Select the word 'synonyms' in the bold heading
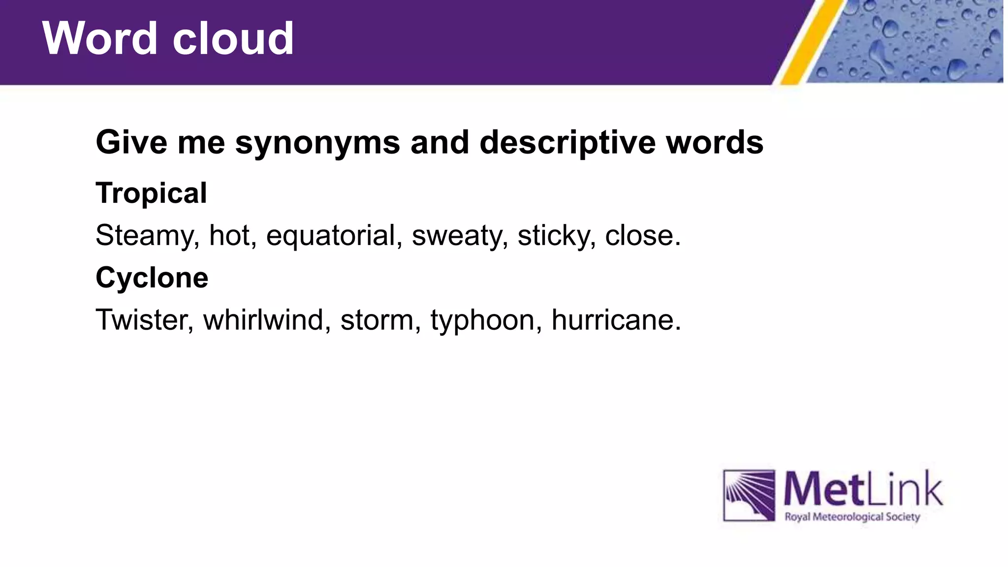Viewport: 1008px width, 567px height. [317, 143]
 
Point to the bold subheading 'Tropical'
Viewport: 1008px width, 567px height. [151, 193]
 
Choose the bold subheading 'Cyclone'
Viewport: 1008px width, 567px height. [152, 278]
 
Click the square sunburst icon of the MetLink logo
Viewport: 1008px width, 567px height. [749, 495]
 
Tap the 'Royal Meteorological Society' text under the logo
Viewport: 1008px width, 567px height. [852, 517]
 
